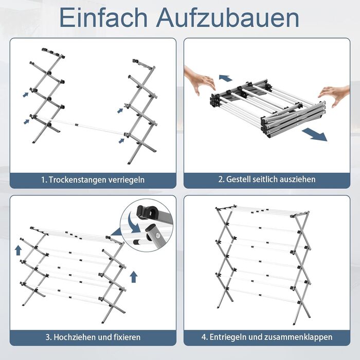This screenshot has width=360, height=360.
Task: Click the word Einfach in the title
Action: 103,17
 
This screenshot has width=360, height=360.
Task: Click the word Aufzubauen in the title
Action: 228,17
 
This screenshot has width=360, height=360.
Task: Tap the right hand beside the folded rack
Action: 336,95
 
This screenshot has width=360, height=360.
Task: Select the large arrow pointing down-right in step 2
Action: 315,135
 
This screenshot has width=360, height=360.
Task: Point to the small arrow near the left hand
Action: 225,78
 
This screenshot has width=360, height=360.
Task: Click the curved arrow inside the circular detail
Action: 133,223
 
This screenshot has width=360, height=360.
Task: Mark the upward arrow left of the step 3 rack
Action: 19,250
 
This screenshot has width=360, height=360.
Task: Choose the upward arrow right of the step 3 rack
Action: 134,277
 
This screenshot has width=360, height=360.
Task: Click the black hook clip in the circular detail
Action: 147,212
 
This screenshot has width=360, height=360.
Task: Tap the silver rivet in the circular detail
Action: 157,235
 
